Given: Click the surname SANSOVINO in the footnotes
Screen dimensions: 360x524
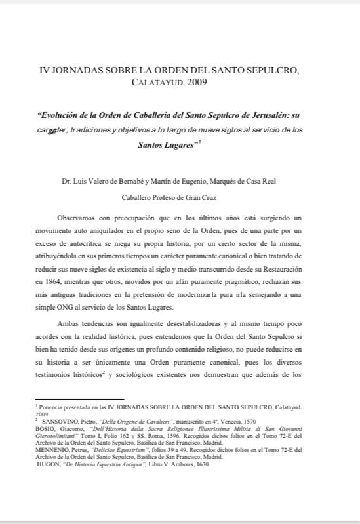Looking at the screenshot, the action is [60, 420].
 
